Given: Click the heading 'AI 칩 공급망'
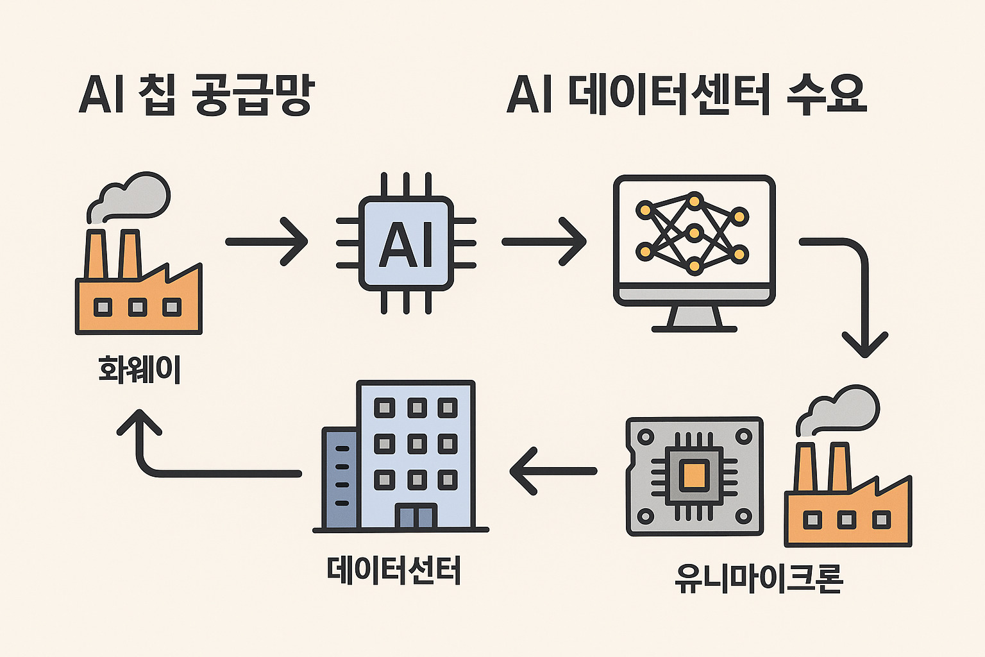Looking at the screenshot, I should (196, 95).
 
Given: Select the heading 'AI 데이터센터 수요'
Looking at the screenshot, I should (686, 95).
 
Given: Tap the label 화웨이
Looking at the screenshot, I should (140, 370).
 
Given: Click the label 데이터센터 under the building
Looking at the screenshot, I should (394, 570).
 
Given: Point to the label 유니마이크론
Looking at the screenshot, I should (759, 577).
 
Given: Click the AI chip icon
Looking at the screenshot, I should (407, 243).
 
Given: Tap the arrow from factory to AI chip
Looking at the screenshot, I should (267, 242).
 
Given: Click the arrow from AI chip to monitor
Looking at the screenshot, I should (544, 242).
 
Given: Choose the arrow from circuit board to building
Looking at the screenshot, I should (553, 472).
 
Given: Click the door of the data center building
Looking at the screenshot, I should (416, 516).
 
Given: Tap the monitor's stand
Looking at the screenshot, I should (694, 318).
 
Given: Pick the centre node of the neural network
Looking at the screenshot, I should (693, 232).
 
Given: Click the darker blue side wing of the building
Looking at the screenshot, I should (340, 478).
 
